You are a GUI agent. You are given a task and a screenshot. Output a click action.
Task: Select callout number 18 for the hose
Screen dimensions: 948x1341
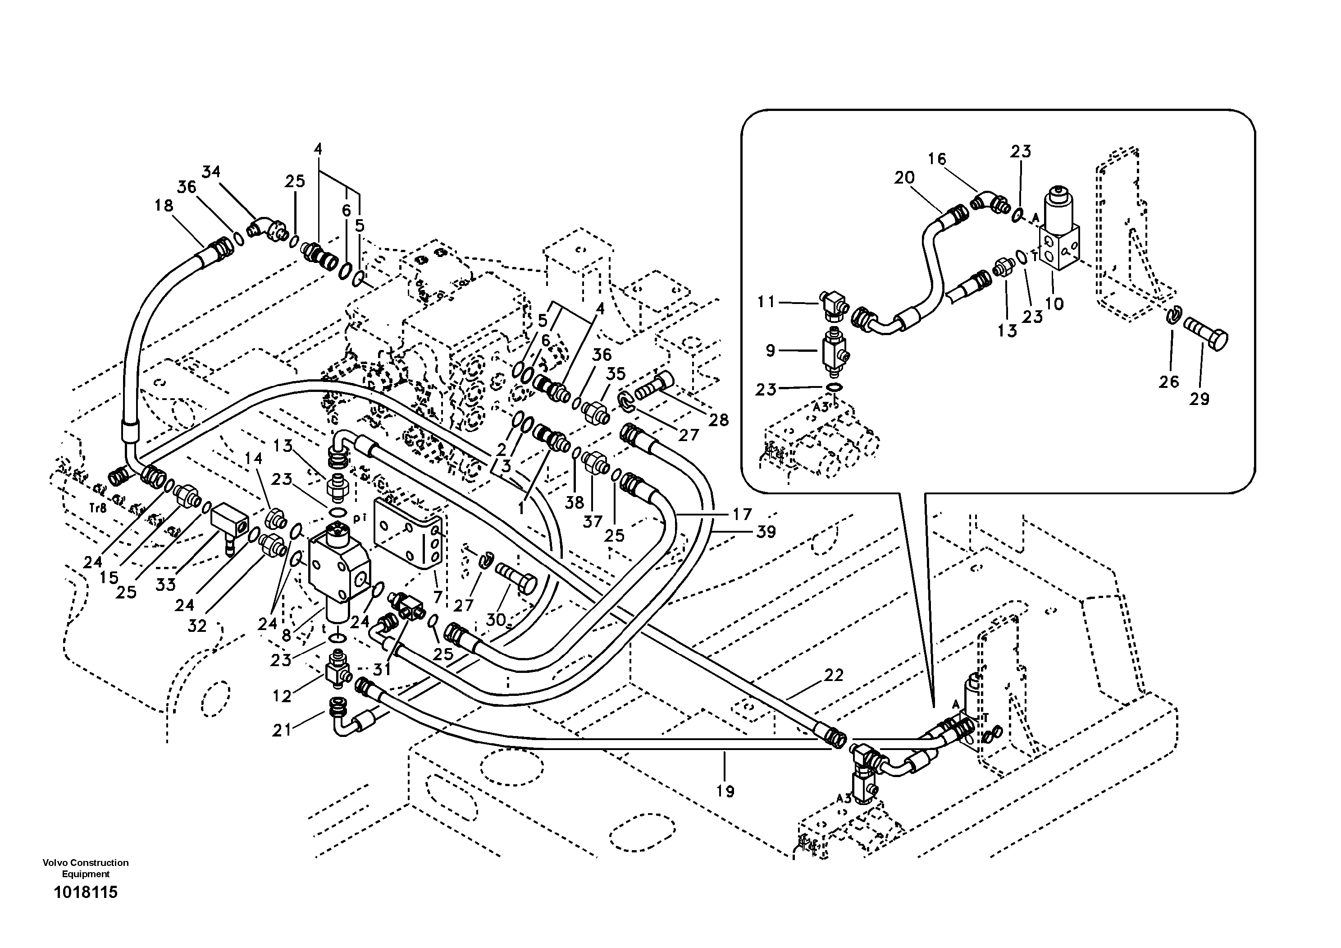(164, 205)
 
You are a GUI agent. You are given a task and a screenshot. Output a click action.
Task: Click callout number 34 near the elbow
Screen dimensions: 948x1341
(211, 172)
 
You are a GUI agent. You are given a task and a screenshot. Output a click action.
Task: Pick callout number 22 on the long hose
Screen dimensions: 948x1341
(834, 675)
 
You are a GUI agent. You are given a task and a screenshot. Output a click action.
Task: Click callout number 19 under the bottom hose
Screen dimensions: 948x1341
(725, 792)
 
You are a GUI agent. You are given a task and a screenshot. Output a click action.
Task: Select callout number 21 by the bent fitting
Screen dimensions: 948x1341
(282, 731)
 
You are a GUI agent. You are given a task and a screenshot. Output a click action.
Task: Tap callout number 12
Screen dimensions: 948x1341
(282, 696)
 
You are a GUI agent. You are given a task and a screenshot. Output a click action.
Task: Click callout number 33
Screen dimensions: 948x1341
(166, 584)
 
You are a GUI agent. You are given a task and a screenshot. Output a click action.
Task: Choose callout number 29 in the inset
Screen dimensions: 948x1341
(1200, 399)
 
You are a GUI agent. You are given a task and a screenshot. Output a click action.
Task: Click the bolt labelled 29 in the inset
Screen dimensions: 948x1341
(1207, 338)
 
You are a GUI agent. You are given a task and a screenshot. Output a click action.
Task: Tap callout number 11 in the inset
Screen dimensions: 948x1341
(766, 302)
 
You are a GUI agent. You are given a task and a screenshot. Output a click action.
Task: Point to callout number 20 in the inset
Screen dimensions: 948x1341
(904, 178)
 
